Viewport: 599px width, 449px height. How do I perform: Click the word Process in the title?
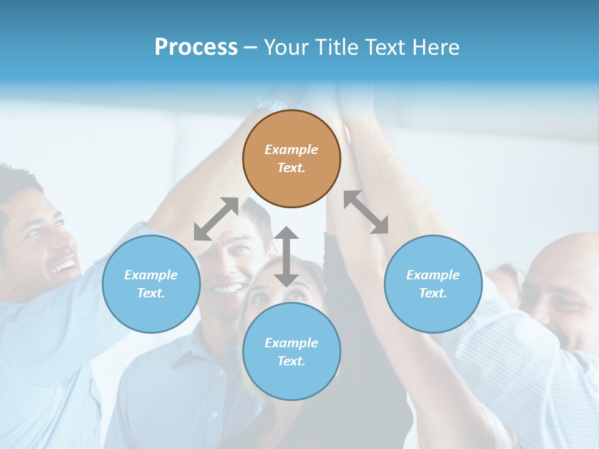(196, 47)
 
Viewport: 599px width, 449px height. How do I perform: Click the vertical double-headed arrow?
(286, 256)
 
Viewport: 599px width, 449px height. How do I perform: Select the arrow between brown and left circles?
(216, 219)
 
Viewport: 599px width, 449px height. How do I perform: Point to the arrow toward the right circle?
(366, 212)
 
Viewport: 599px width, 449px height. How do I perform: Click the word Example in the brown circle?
(291, 150)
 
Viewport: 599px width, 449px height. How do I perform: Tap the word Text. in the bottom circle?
(291, 361)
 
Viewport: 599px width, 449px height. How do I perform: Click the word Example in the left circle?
(151, 275)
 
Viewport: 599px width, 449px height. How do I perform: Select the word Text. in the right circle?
(433, 293)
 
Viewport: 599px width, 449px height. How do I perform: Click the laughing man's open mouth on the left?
(64, 267)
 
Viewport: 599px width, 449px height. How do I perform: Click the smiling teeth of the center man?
(228, 289)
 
